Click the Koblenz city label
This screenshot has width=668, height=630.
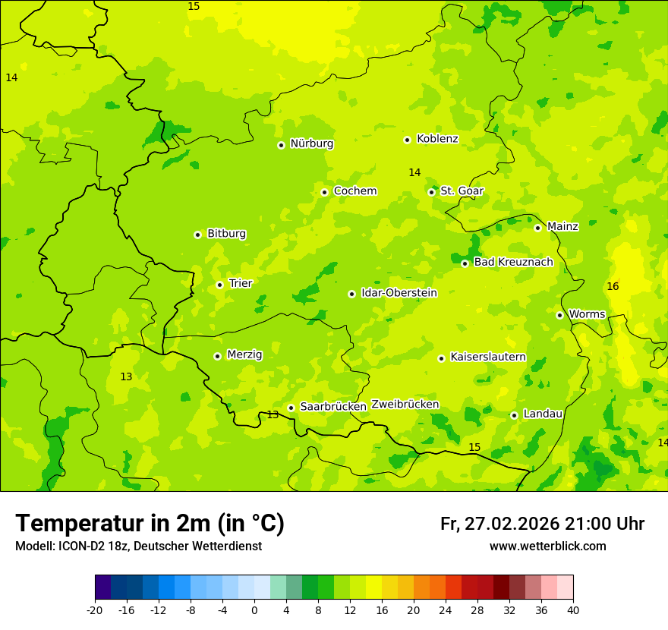point(437,139)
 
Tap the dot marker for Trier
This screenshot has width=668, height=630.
point(219,285)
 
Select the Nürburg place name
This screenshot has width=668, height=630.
point(311,143)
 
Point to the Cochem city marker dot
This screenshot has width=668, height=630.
point(324,192)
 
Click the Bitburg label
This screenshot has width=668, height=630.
point(226,234)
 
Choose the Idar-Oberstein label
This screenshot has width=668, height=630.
point(399,293)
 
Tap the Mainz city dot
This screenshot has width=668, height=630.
point(537,228)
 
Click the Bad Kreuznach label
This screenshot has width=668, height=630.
point(513,263)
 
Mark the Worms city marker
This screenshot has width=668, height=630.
point(559,315)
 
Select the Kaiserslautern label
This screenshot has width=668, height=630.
point(487,357)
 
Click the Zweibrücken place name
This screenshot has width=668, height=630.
point(405,405)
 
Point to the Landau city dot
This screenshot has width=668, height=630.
point(514,415)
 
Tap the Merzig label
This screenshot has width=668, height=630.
point(244,354)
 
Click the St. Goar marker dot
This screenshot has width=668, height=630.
point(431,192)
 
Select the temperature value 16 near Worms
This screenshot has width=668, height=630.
point(613,286)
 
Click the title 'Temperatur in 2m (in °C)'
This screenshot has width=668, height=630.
point(150,524)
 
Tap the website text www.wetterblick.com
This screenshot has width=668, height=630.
point(547,547)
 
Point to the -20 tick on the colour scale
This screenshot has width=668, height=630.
point(95,610)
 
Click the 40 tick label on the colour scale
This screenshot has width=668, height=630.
point(573,610)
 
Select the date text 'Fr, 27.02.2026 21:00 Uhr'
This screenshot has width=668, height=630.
point(542,524)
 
